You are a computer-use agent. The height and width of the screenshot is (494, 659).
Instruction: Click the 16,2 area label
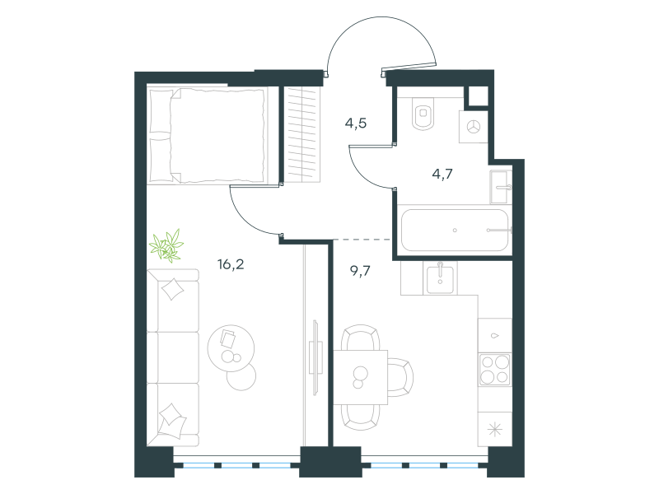point(231,264)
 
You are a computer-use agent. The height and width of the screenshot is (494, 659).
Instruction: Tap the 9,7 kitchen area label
point(360,271)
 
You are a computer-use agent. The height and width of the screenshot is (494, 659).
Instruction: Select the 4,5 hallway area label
point(356,123)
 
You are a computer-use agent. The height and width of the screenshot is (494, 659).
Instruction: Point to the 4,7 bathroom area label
point(442,174)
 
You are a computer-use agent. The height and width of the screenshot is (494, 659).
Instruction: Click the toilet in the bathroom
point(423,114)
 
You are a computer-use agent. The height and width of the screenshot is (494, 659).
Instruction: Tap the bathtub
point(455,230)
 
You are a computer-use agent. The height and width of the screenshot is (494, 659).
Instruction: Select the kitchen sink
point(440,279)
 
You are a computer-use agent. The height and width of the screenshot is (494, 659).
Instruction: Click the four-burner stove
point(495,370)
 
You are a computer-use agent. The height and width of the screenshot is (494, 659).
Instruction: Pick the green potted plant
point(167,245)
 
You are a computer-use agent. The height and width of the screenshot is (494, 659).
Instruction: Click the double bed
point(208,136)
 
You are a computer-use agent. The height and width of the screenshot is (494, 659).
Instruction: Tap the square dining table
point(360,377)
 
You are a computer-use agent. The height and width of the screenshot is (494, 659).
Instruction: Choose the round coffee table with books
point(231,347)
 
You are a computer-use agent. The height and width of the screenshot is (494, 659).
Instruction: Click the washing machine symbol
point(474,127)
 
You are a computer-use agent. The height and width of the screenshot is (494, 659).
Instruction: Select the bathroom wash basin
point(502,188)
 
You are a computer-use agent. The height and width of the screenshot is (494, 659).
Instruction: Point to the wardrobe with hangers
point(301,134)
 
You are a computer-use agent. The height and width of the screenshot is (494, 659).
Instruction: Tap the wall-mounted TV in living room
point(315,358)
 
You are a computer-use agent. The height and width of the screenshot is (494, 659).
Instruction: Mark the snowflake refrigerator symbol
point(495,429)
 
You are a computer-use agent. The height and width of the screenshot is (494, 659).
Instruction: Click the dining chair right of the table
point(400,377)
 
